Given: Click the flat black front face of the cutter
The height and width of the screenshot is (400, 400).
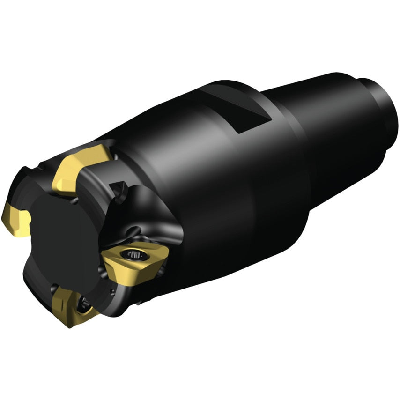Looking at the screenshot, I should point(66,239).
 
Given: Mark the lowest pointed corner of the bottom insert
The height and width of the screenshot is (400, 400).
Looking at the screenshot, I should point(69,326).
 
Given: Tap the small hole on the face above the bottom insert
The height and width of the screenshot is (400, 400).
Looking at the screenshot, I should point(56,287).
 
